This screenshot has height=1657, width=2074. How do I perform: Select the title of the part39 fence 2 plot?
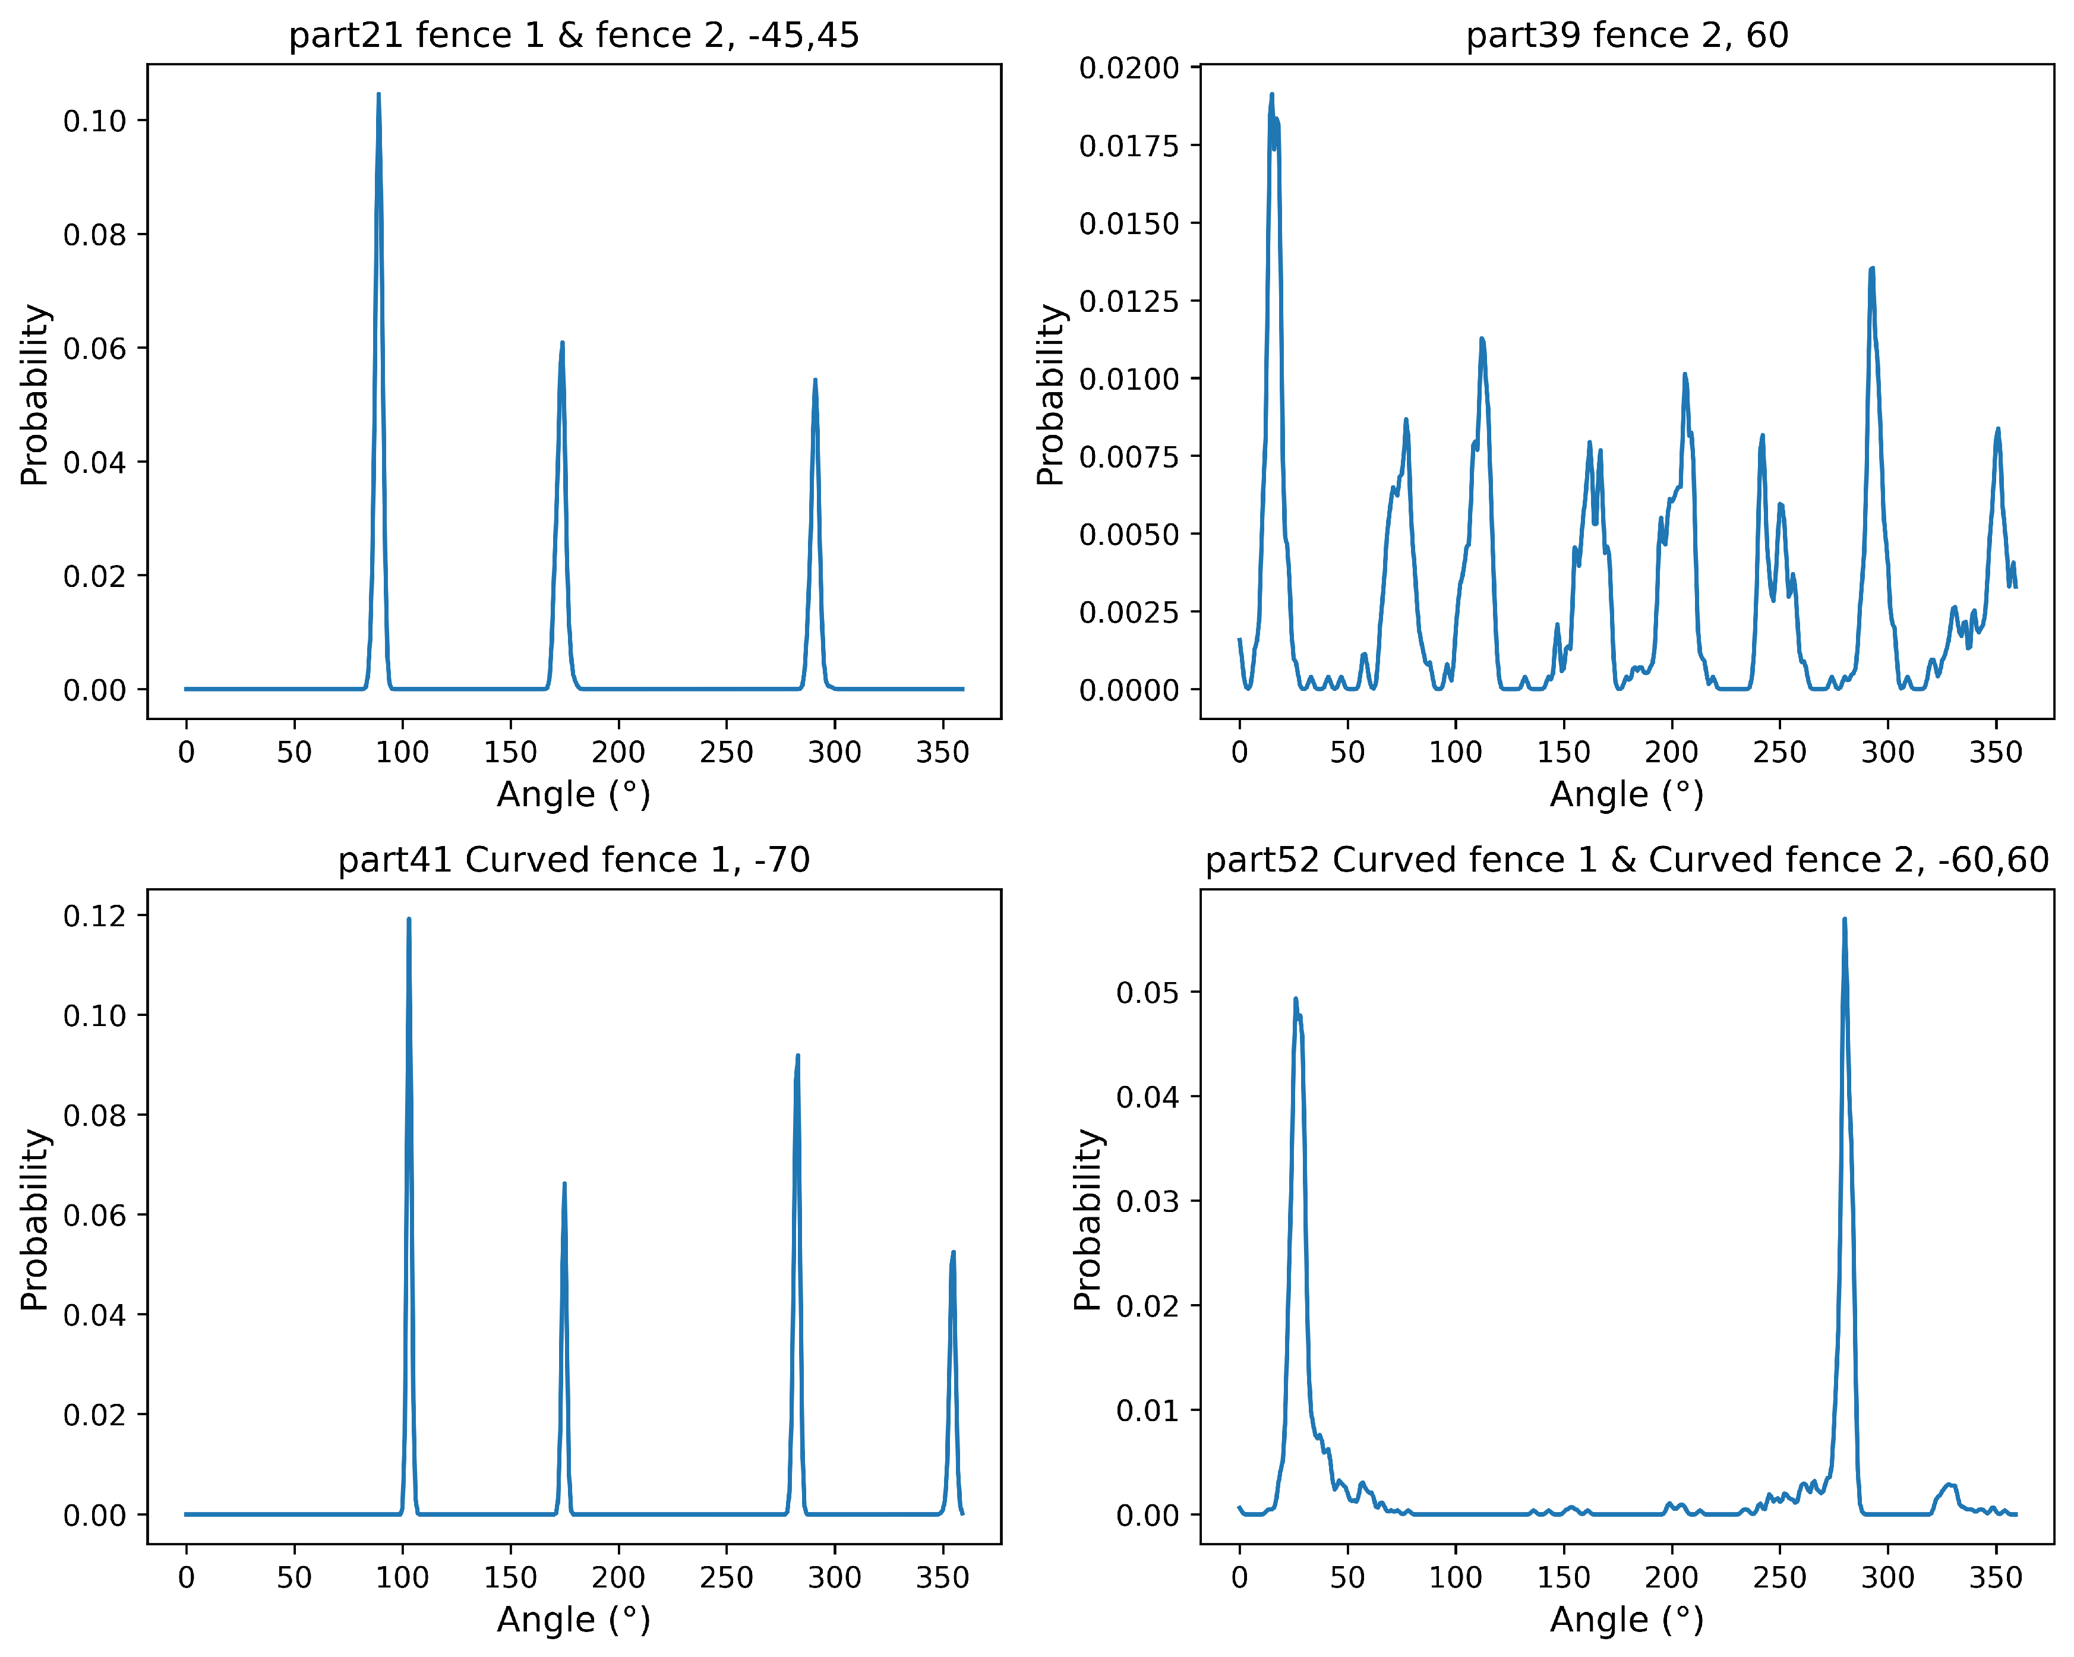click(x=1627, y=36)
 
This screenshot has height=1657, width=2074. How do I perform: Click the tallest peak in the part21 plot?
click(x=378, y=95)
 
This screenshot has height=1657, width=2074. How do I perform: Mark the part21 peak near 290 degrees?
click(x=815, y=381)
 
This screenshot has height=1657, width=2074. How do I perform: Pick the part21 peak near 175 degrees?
click(x=562, y=343)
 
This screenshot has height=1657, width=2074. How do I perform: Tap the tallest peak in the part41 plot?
click(x=409, y=920)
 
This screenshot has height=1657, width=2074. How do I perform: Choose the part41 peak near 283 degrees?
click(x=797, y=1056)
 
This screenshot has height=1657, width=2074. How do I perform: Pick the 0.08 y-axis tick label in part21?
click(x=94, y=235)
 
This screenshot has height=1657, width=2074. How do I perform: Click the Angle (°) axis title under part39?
click(x=1627, y=795)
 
